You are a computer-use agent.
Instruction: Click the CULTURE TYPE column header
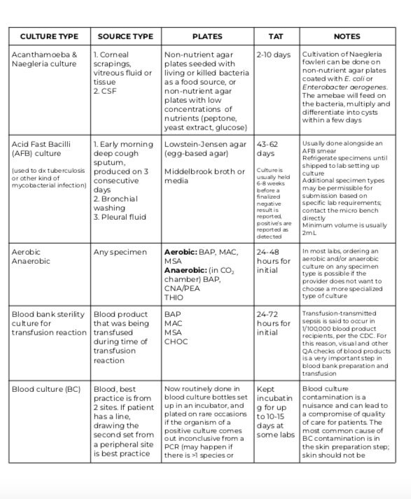pyautogui.click(x=49, y=36)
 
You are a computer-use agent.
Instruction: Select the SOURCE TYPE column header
pyautogui.click(x=125, y=36)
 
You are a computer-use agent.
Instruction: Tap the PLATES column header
pyautogui.click(x=207, y=36)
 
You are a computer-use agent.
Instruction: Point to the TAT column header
pyautogui.click(x=276, y=36)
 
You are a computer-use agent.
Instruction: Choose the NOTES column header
pyautogui.click(x=347, y=36)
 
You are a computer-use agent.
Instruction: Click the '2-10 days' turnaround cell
pyautogui.click(x=273, y=54)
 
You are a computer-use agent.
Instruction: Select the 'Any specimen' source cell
pyautogui.click(x=118, y=252)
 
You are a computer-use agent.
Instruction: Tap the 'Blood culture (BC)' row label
pyautogui.click(x=46, y=388)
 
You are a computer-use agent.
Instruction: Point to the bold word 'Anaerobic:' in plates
pyautogui.click(x=188, y=269)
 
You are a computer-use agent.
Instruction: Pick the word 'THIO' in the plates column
pyautogui.click(x=174, y=297)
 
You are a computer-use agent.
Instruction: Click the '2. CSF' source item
pyautogui.click(x=106, y=90)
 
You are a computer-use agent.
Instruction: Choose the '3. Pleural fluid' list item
pyautogui.click(x=120, y=217)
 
